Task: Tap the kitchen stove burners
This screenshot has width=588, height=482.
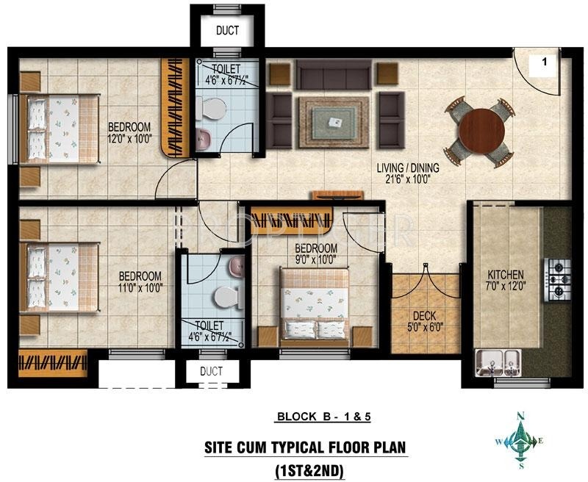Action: coord(557,278)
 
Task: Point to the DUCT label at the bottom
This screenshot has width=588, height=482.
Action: coord(211,372)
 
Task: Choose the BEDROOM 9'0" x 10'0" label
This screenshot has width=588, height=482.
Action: coord(315,253)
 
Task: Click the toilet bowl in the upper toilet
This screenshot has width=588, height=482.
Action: coord(214,112)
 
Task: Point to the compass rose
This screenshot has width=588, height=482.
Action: coord(521,441)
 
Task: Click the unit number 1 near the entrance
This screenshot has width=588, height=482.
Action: coord(545,63)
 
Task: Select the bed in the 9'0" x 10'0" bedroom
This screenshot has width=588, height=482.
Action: coord(315,305)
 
